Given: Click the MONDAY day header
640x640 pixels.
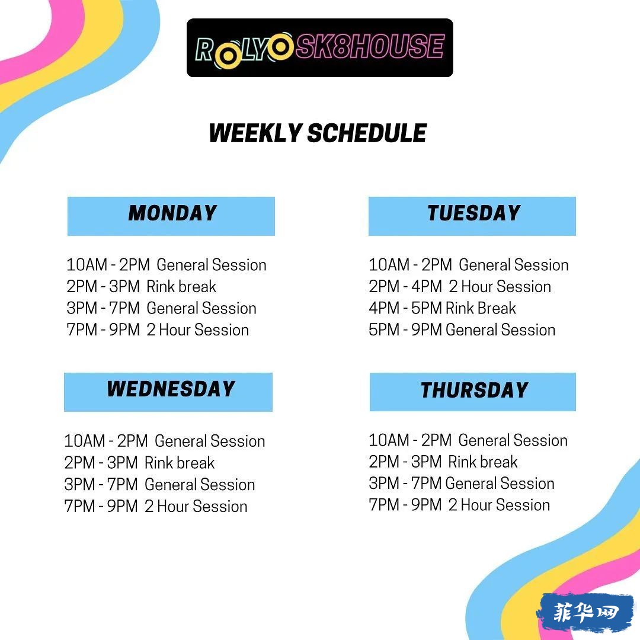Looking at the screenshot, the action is point(171,216).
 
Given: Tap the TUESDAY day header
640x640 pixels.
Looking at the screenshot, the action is point(472,216).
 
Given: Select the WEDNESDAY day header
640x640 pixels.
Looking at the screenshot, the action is point(168,392).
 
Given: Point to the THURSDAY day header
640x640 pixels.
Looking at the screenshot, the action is point(473,392).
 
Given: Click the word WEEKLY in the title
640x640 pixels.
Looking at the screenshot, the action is point(255,133).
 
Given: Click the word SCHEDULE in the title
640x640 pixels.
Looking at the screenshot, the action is point(367,133).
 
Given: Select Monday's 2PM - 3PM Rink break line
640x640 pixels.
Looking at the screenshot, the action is point(141,287).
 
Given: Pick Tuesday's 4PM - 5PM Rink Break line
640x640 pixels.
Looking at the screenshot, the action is point(442,308).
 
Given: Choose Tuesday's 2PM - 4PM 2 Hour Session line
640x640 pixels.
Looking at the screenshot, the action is point(460,287).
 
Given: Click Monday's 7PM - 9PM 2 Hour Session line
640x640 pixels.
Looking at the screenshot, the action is point(158,330).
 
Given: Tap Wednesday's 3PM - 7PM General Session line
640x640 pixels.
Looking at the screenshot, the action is point(159,485).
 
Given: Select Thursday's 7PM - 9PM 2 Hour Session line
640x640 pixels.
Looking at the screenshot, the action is point(459,505).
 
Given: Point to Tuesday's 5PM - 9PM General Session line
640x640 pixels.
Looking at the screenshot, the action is point(462,330).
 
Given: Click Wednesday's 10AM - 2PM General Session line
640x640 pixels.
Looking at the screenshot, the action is point(165,441).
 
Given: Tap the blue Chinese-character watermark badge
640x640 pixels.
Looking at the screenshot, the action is point(586,612).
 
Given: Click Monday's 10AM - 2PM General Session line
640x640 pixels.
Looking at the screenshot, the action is point(166,265).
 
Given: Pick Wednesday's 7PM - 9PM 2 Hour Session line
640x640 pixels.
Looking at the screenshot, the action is point(155,507).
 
